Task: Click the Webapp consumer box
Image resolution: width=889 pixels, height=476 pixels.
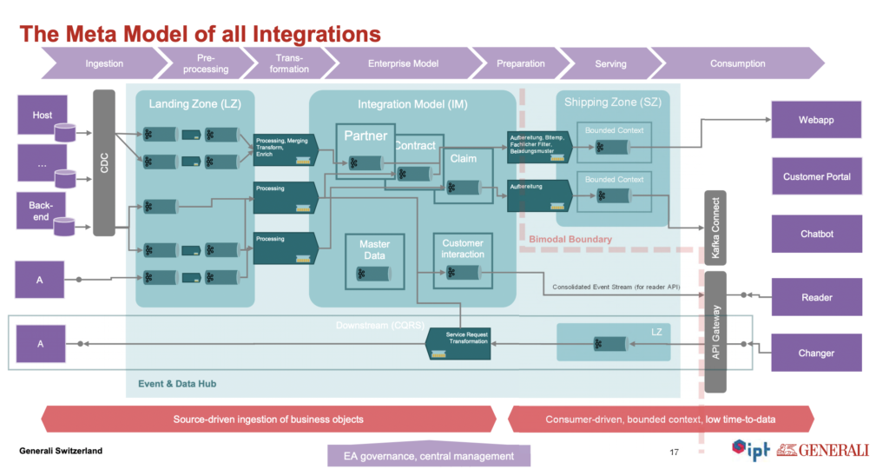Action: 816,120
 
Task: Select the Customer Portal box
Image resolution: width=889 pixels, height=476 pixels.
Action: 816,176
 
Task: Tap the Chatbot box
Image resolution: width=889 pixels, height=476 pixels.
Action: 816,234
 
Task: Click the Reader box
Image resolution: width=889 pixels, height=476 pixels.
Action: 816,297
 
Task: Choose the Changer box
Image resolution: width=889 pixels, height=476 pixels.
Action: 816,353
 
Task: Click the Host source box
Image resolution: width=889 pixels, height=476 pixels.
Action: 43,116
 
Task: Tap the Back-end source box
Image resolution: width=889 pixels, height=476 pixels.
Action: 43,211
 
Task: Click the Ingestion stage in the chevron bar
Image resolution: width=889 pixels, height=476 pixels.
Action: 104,63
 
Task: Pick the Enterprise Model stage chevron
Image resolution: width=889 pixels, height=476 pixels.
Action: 403,63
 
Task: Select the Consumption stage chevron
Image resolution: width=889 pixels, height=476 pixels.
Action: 737,63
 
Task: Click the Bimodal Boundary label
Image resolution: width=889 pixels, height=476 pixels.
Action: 570,239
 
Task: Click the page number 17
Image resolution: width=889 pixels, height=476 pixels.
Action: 674,452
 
